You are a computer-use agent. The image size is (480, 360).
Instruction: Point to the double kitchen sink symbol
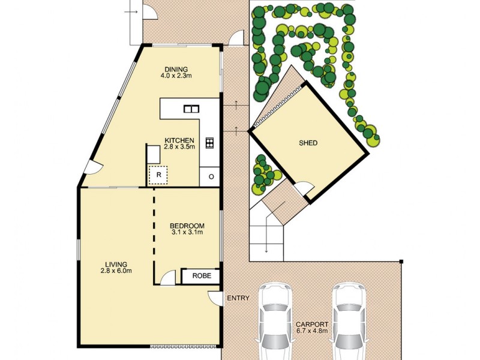191,109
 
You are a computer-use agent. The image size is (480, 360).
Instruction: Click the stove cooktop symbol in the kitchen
209,142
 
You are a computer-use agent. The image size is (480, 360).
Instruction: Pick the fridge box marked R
158,175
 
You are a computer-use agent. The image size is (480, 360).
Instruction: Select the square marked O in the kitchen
211,176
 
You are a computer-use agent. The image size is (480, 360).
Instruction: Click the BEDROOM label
188,226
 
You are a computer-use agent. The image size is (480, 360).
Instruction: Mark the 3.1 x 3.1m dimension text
188,233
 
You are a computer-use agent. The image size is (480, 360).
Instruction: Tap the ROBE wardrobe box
201,276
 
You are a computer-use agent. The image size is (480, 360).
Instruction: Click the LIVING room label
116,264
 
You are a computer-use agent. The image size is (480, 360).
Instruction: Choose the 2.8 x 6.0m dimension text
116,271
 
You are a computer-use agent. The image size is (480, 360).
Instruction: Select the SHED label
308,143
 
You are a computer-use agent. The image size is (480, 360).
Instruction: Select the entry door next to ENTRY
215,297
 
